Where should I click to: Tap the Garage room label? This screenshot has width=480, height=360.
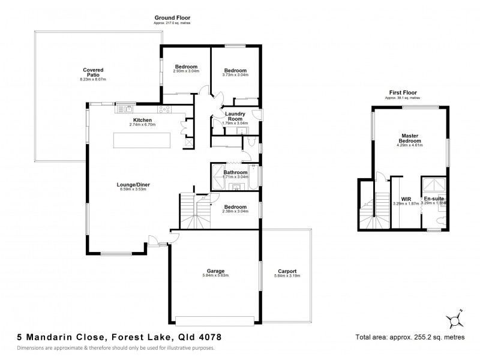(x=215, y=272)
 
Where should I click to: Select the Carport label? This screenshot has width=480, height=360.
(x=286, y=272)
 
